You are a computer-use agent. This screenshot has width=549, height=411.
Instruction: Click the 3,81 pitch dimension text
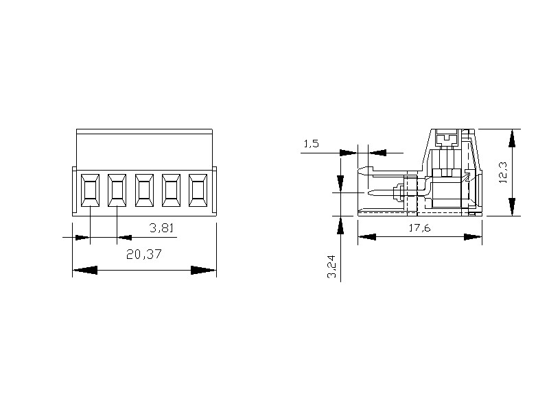(161, 228)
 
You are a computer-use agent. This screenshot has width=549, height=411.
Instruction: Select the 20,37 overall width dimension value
(144, 254)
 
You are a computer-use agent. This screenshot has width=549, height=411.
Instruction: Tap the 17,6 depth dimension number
(420, 228)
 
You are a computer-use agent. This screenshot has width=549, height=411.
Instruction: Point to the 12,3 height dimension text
(503, 173)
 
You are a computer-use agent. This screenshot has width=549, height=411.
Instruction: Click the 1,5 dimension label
(311, 143)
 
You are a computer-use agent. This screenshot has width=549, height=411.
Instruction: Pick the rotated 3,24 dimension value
(331, 266)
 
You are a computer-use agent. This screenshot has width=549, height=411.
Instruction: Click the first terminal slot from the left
(90, 190)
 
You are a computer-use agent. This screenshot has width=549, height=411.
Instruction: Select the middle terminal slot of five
(144, 190)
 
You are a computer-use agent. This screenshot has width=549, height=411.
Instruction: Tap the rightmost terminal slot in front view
(198, 190)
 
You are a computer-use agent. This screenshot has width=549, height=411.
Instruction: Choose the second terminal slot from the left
(117, 190)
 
